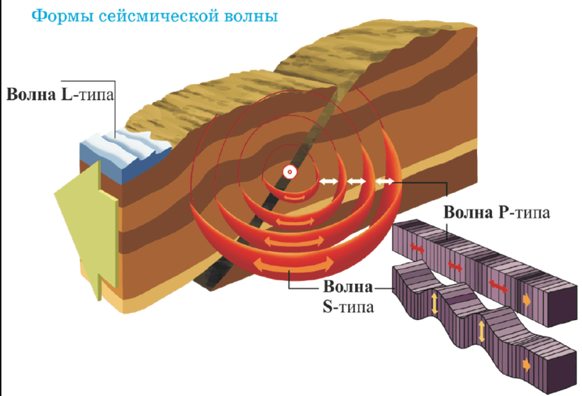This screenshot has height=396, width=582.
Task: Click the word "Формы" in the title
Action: click(x=39, y=16)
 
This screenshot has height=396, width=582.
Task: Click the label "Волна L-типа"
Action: click(x=60, y=94)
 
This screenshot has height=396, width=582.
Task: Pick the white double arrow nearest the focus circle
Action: click(x=328, y=182)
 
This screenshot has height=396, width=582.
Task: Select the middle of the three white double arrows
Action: click(x=356, y=182)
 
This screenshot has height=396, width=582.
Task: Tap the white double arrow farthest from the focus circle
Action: click(x=385, y=182)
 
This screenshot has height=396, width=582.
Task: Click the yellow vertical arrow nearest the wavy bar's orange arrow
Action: click(x=482, y=331)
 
